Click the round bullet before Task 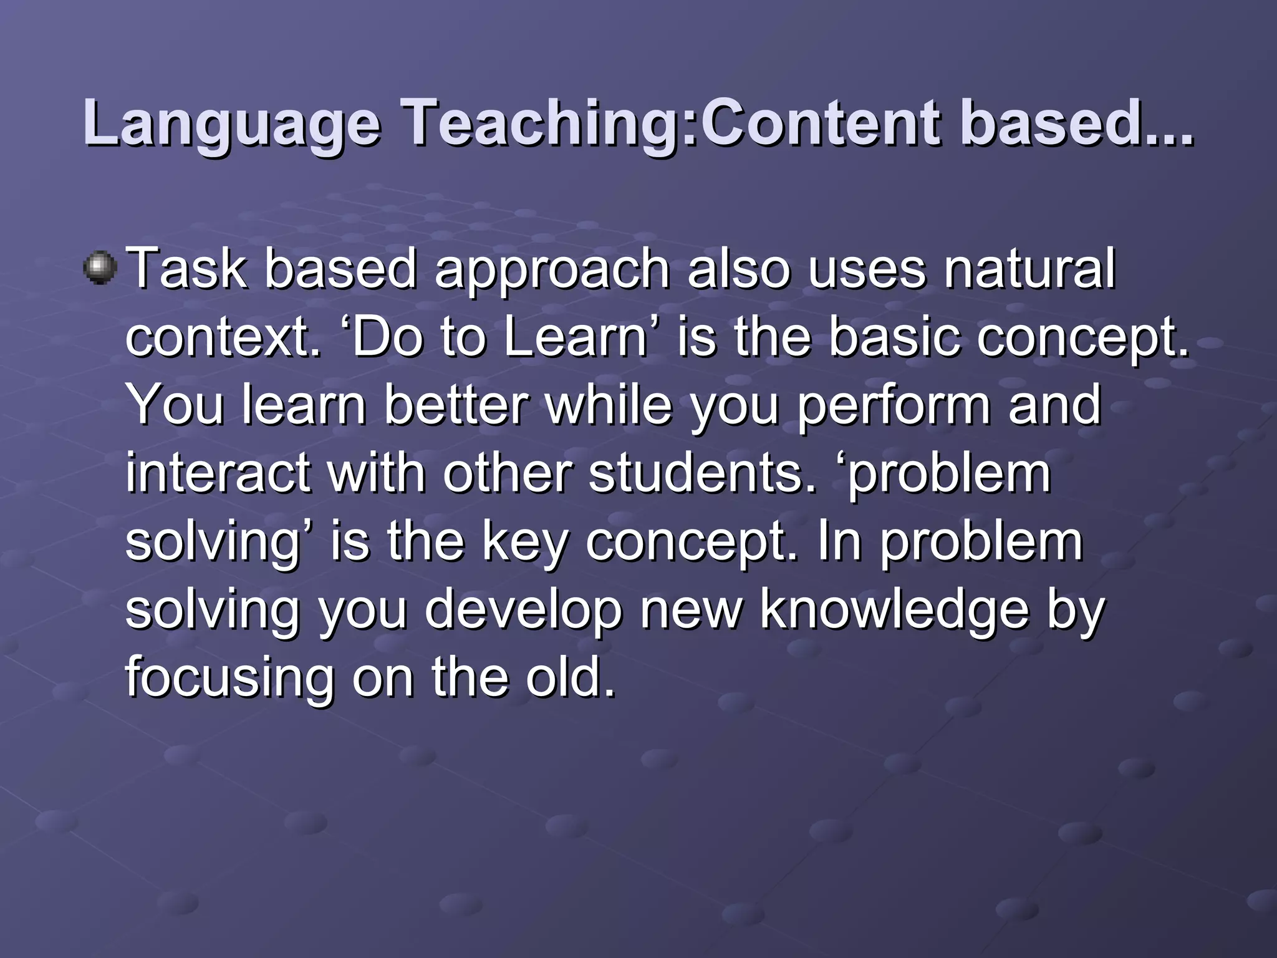point(99,268)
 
